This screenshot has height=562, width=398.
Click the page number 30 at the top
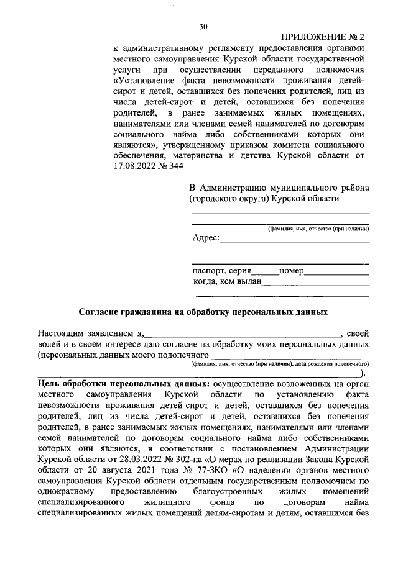pyautogui.click(x=203, y=27)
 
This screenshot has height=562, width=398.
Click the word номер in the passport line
pyautogui.click(x=291, y=271)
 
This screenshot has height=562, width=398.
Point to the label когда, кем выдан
pyautogui.click(x=227, y=283)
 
